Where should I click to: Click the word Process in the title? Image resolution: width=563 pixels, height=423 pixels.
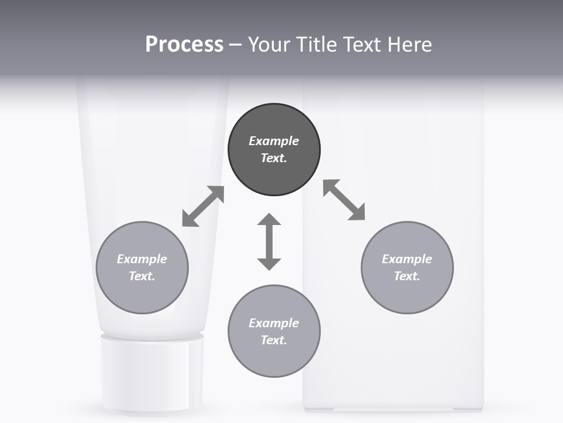click(184, 45)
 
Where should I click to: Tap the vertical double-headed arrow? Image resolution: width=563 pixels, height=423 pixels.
click(269, 241)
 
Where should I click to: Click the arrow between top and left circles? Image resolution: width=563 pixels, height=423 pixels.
click(203, 206)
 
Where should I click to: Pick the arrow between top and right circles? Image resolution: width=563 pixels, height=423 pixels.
click(344, 200)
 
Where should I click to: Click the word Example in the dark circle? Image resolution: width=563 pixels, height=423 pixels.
click(274, 141)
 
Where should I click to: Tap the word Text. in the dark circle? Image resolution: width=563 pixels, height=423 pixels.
click(274, 158)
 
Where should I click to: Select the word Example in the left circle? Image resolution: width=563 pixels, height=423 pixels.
click(142, 259)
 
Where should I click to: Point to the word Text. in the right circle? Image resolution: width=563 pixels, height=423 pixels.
click(407, 276)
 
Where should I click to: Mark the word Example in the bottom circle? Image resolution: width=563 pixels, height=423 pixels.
click(274, 323)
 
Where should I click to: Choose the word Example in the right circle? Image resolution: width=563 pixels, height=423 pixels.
click(407, 259)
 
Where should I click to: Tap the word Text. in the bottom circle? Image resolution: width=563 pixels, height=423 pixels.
click(274, 340)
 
